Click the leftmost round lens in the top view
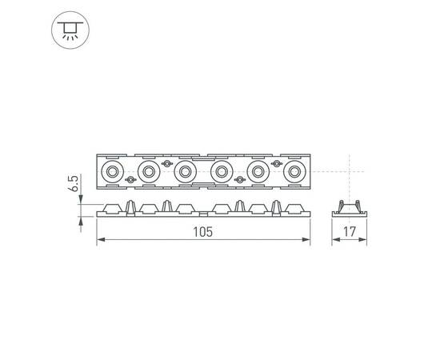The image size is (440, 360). (x=110, y=171)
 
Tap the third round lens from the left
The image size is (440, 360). (x=185, y=171)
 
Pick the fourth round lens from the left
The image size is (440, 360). (x=222, y=171)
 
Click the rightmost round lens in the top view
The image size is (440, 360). (x=296, y=171)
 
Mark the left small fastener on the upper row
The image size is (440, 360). (x=166, y=162)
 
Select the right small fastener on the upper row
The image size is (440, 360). (x=277, y=162)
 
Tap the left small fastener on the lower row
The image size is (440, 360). (x=130, y=180)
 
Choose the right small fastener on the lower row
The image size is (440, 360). (x=239, y=180)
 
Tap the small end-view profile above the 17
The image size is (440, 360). (x=349, y=209)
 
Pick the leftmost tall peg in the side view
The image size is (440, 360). (x=129, y=206)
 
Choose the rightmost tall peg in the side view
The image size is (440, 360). (x=278, y=206)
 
